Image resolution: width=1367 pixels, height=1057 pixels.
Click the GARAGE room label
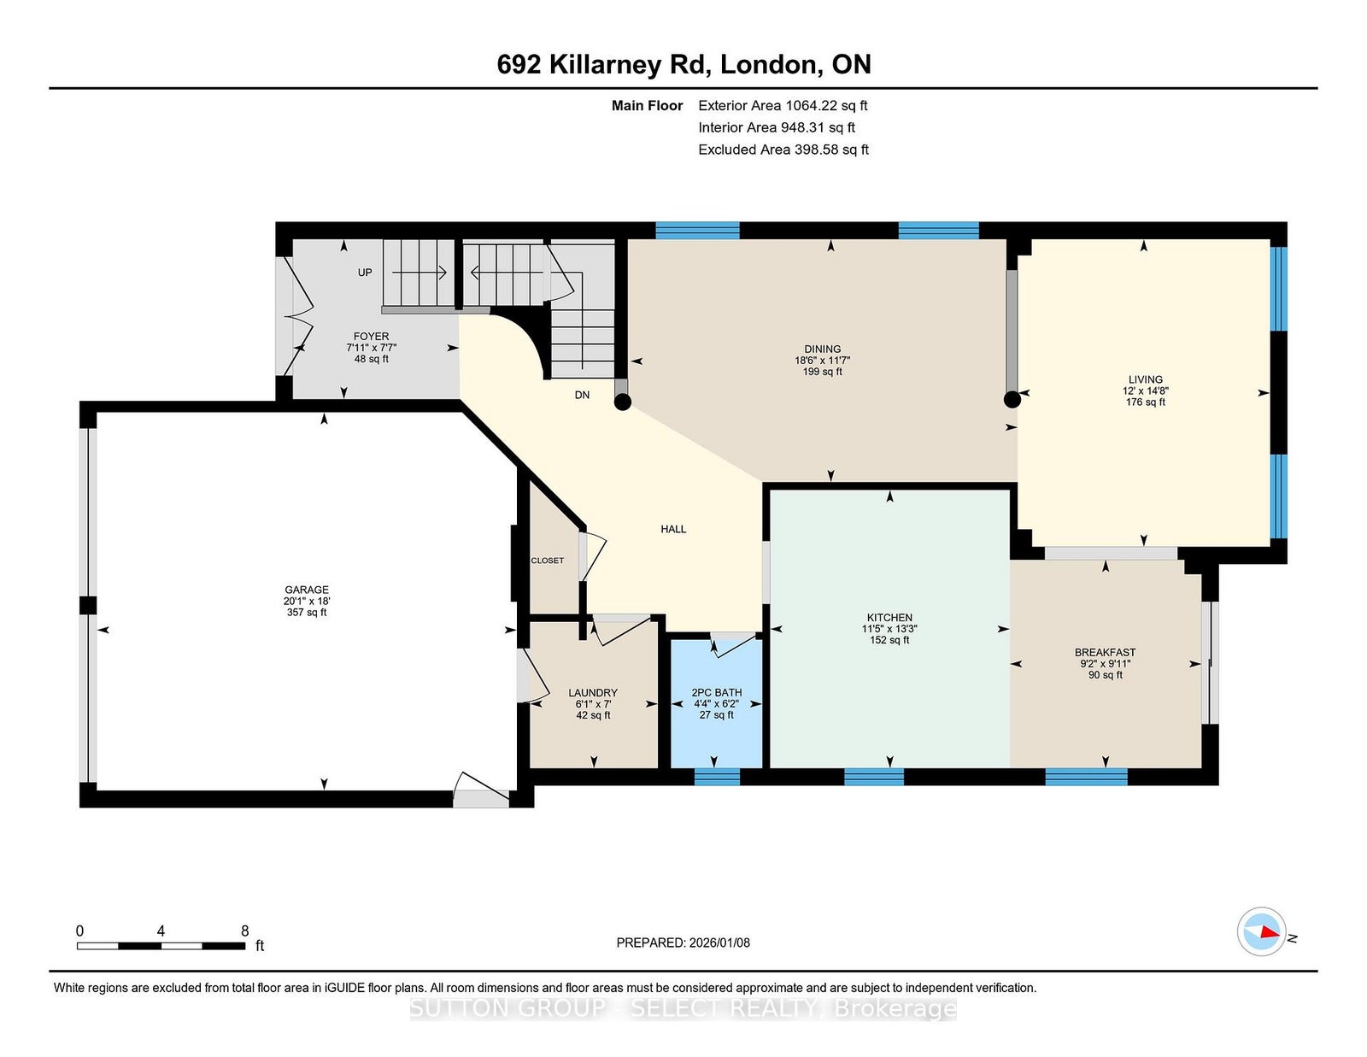[307, 590]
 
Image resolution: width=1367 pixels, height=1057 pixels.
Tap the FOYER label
[371, 336]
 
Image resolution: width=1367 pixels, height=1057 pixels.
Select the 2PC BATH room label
[717, 692]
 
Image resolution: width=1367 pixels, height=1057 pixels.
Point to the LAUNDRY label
[593, 692]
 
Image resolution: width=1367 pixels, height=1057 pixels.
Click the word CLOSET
[548, 560]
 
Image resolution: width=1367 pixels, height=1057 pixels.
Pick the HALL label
[673, 529]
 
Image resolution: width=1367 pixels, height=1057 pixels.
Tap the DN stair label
[582, 395]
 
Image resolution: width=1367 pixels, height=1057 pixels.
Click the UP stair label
[365, 273]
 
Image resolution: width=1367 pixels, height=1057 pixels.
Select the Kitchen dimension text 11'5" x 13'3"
[889, 629]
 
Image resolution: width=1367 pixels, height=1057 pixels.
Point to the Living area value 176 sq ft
[1146, 402]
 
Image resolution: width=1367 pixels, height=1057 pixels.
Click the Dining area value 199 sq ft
[822, 372]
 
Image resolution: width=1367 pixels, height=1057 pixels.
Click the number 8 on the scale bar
[244, 931]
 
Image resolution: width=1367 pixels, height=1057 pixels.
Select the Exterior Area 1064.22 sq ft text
[783, 106]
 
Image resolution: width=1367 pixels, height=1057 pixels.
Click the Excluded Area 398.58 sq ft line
[783, 150]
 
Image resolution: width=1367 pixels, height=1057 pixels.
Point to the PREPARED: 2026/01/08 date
[683, 942]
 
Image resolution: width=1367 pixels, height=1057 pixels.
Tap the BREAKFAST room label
[1106, 653]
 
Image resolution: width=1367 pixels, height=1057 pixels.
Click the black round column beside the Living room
[1012, 400]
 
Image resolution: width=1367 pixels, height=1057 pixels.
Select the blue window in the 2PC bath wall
[717, 777]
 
